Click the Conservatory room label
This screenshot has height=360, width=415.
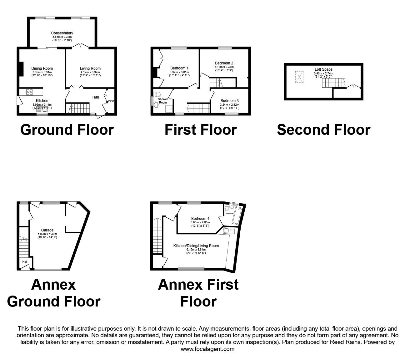pos(62,33)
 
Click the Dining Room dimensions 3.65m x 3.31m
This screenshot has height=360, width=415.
pos(42,72)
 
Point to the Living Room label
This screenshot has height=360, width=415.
pos(90,68)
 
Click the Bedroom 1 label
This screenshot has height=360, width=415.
pos(179,68)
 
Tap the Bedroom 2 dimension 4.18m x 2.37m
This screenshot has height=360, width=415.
pos(224,67)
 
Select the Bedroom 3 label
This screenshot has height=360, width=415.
pos(230,101)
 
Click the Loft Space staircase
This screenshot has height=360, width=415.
pos(333,83)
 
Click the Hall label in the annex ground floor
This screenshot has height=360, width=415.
pos(25,262)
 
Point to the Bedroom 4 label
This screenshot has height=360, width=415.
pos(200,219)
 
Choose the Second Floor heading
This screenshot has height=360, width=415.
pos(323,130)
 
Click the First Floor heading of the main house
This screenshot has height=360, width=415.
pos(201,130)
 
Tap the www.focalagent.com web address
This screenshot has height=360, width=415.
pos(207,349)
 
